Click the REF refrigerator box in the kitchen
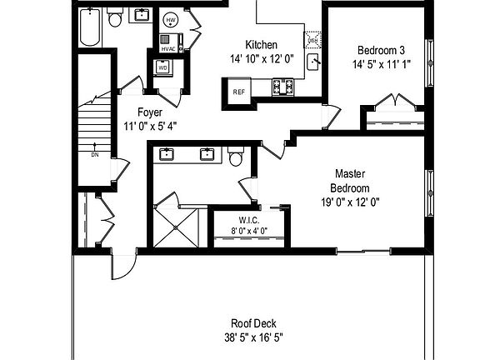coord(238,92)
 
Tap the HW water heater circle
coord(171,20)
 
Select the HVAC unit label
coord(167,48)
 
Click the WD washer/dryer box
coord(162,68)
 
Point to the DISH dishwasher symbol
coord(312,40)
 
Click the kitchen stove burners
coord(283,85)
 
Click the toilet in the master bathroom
coord(236,156)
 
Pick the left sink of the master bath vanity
coord(167,153)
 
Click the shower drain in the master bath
coord(177,226)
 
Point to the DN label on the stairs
coord(94,155)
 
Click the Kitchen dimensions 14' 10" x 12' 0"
coord(260,59)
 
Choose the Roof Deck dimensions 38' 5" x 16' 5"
coord(253,338)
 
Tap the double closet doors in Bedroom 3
coord(394,104)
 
